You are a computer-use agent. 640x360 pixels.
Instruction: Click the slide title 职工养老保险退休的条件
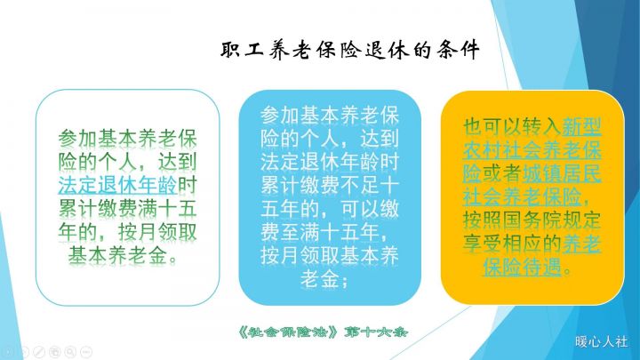pos(350,51)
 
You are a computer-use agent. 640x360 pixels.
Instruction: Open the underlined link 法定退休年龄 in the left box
pos(117,186)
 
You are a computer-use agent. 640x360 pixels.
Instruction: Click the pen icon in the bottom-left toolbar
pos(38,351)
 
